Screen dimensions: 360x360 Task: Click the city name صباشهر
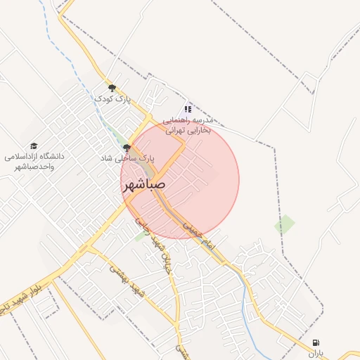click(x=144, y=186)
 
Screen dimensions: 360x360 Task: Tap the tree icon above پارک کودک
click(x=112, y=88)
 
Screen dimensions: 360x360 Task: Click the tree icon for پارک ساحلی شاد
click(x=127, y=148)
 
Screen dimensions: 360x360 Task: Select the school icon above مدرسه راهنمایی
click(x=188, y=109)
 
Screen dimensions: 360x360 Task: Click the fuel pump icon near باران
click(x=314, y=342)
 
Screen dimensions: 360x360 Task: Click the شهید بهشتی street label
click(x=126, y=278)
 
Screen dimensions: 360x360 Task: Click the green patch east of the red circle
click(x=285, y=225)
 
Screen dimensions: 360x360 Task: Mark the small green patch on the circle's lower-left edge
click(x=140, y=236)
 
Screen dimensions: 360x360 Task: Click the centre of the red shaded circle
click(x=180, y=180)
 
